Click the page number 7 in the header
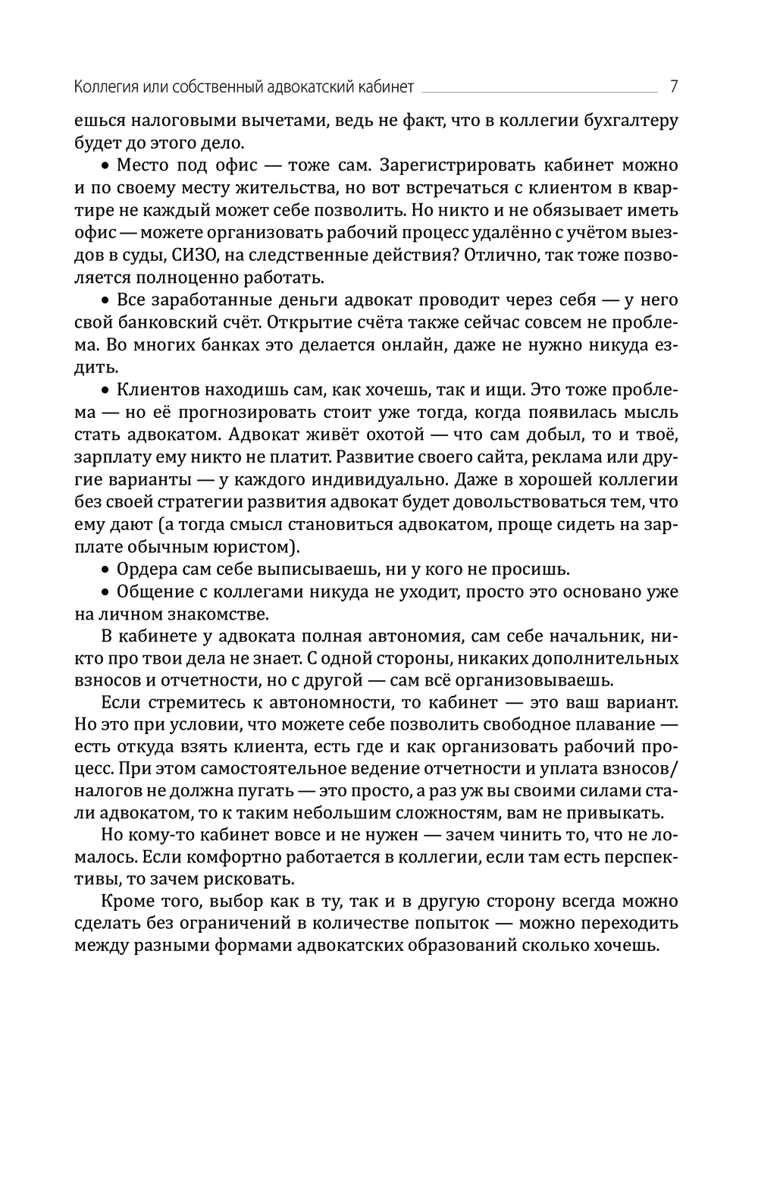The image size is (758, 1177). point(673,86)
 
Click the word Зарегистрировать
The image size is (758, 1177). point(458,165)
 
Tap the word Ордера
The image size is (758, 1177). point(143,569)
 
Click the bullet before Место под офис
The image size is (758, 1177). point(106,165)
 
